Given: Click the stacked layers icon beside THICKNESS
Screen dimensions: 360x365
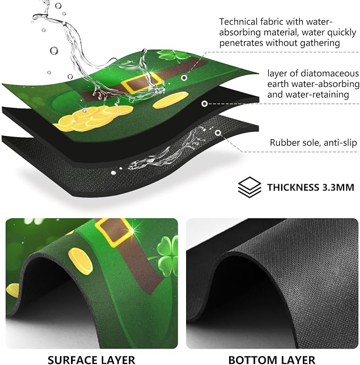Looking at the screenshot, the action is click(x=249, y=188).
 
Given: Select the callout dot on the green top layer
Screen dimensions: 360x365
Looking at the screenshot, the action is click(x=184, y=78).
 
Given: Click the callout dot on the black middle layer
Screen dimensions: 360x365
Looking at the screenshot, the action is click(x=205, y=104).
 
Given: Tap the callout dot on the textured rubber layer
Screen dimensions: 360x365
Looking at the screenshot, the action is click(x=218, y=133).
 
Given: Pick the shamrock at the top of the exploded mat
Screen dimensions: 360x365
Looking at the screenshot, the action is click(x=173, y=56).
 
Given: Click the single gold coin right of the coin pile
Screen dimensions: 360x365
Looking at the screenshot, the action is click(x=171, y=100).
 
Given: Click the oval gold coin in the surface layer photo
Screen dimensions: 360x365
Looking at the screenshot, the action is click(x=81, y=261).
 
